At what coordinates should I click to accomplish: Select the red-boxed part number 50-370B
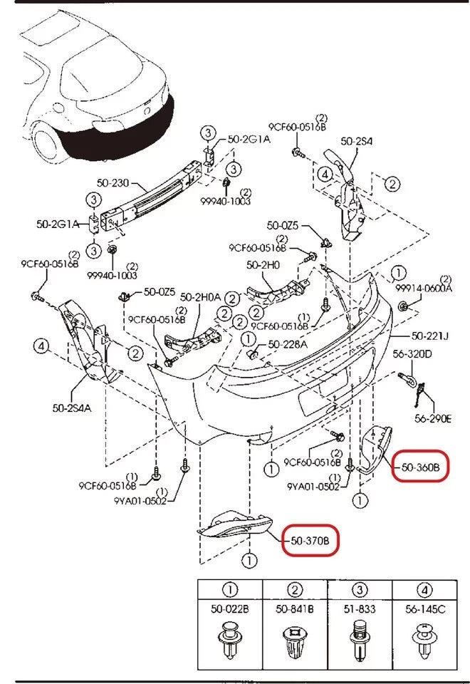pos(310,541)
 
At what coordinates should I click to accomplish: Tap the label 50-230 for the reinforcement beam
pos(113,183)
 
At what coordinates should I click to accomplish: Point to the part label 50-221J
pos(430,336)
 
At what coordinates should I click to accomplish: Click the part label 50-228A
pos(288,344)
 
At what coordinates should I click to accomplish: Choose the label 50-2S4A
pos(73,408)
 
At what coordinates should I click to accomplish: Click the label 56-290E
pos(432,418)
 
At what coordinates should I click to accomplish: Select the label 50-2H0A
pos(200,296)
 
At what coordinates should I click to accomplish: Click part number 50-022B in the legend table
pos(230,609)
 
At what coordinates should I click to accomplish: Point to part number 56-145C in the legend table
pos(424,609)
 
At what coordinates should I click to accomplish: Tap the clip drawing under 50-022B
pos(230,641)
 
